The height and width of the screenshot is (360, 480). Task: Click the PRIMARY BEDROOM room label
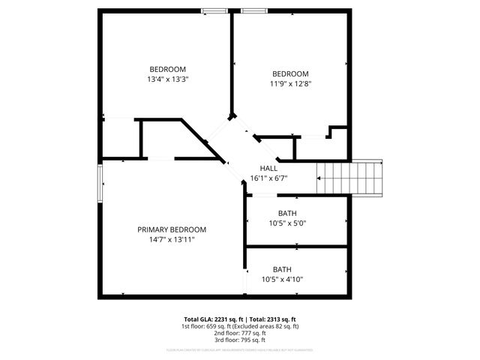tap(171, 229)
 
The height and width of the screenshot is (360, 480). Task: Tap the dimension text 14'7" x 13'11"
tap(171, 240)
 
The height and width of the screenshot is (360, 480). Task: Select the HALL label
tap(268, 168)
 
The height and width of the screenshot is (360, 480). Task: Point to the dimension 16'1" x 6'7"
tap(268, 178)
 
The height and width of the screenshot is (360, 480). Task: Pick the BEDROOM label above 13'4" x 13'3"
tap(167, 69)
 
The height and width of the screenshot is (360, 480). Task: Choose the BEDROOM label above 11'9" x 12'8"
tap(290, 73)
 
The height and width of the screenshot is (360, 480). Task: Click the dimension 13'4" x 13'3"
tap(167, 79)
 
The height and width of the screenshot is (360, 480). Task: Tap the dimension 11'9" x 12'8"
tap(290, 84)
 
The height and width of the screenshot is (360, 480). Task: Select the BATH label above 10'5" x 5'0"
tap(287, 213)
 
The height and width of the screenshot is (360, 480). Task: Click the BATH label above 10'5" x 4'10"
tap(282, 269)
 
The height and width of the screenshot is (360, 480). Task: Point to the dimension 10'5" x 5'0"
tap(287, 223)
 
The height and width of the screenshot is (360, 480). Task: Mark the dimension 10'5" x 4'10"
tap(282, 280)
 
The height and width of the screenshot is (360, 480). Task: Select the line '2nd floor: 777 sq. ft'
tap(240, 333)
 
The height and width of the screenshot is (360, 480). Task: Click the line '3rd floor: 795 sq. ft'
tap(240, 340)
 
